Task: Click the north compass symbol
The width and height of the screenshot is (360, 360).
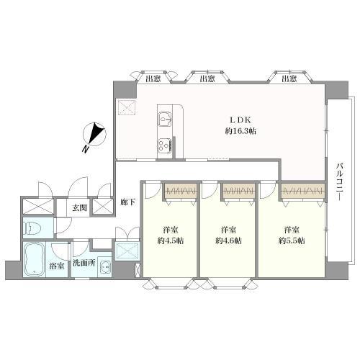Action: point(94,135)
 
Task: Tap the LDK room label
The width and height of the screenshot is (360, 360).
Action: point(240,120)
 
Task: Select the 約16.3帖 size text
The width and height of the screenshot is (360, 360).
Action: point(240,131)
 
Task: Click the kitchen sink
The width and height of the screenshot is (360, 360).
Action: point(166,119)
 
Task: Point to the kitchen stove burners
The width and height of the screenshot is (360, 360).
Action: point(165,145)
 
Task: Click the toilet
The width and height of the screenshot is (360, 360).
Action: point(31,228)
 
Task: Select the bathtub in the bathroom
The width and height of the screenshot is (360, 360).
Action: point(35,260)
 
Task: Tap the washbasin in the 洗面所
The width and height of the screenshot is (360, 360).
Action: point(105,268)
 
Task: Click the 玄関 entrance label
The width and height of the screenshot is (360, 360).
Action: point(79,208)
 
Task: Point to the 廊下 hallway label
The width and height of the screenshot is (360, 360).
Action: point(128,203)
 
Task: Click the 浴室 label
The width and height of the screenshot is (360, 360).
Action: point(57,266)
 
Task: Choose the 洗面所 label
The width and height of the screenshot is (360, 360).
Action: point(84,263)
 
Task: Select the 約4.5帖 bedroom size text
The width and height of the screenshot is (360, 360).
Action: point(171,240)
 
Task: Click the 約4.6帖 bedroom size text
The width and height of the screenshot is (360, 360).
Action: point(228,240)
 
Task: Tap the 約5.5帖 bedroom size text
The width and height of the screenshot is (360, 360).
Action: point(292,240)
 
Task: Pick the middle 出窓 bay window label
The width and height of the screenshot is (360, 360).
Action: point(207,78)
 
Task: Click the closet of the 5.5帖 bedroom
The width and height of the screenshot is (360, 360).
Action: point(302,192)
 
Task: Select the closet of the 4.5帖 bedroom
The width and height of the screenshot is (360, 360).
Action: point(181,191)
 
